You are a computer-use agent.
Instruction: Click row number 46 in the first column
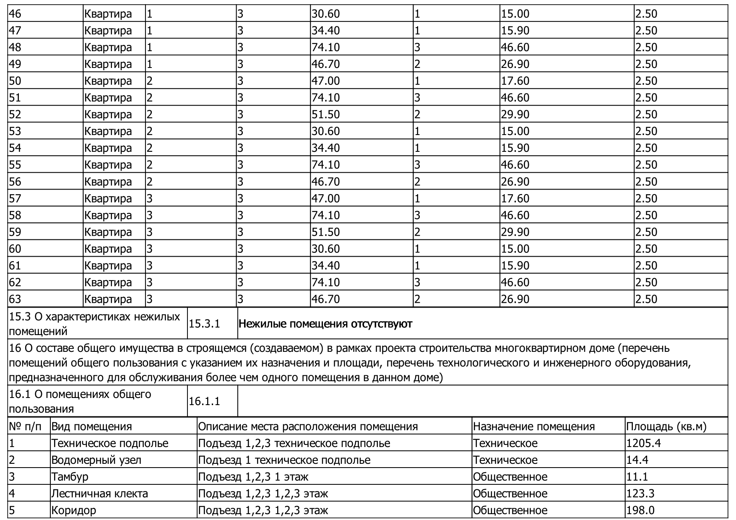15,14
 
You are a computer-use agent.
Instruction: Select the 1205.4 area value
643,443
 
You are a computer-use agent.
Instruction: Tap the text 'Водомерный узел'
96,460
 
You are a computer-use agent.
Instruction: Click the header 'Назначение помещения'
533,426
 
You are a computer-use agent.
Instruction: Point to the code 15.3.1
204,324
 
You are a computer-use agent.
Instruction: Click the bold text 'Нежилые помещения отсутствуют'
325,324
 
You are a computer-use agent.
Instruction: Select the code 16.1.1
204,401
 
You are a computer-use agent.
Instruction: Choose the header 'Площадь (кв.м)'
666,426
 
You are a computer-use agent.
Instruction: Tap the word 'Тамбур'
70,477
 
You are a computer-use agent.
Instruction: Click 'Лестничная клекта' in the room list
99,494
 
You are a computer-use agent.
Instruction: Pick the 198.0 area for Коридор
640,510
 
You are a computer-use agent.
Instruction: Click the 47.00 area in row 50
325,81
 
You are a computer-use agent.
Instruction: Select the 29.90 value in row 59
515,232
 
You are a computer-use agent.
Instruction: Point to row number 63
15,299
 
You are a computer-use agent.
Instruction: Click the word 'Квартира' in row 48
108,47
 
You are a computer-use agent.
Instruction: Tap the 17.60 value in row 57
515,198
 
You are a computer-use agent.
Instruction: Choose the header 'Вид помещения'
91,426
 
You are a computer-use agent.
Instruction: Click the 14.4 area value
637,460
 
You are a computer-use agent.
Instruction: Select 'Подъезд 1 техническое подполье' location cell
284,460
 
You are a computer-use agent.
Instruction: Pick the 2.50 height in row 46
646,14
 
